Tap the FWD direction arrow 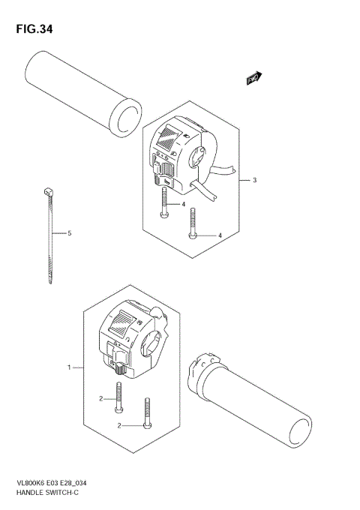254,78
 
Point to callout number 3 254,181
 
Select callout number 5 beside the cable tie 69,234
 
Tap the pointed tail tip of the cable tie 50,283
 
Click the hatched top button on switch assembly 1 124,323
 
